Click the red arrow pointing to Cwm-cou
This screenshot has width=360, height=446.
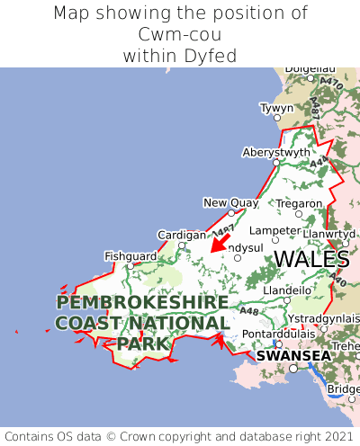pyautogui.click(x=219, y=242)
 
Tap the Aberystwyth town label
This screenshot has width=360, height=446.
pyautogui.click(x=275, y=153)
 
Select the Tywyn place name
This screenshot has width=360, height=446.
pyautogui.click(x=276, y=108)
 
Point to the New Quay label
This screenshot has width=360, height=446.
pyautogui.click(x=231, y=202)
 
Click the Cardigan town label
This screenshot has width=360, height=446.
pyautogui.click(x=181, y=235)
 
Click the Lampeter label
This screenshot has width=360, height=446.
pyautogui.click(x=274, y=230)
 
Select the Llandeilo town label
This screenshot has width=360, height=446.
pyautogui.click(x=287, y=290)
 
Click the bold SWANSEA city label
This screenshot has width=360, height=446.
pyautogui.click(x=293, y=356)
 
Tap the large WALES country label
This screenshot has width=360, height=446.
pyautogui.click(x=310, y=259)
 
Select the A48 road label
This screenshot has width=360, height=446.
pyautogui.click(x=249, y=312)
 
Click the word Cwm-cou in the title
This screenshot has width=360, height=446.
pyautogui.click(x=180, y=34)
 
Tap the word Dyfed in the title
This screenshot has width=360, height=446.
pyautogui.click(x=213, y=56)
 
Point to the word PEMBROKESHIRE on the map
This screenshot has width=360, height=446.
pyautogui.click(x=141, y=302)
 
